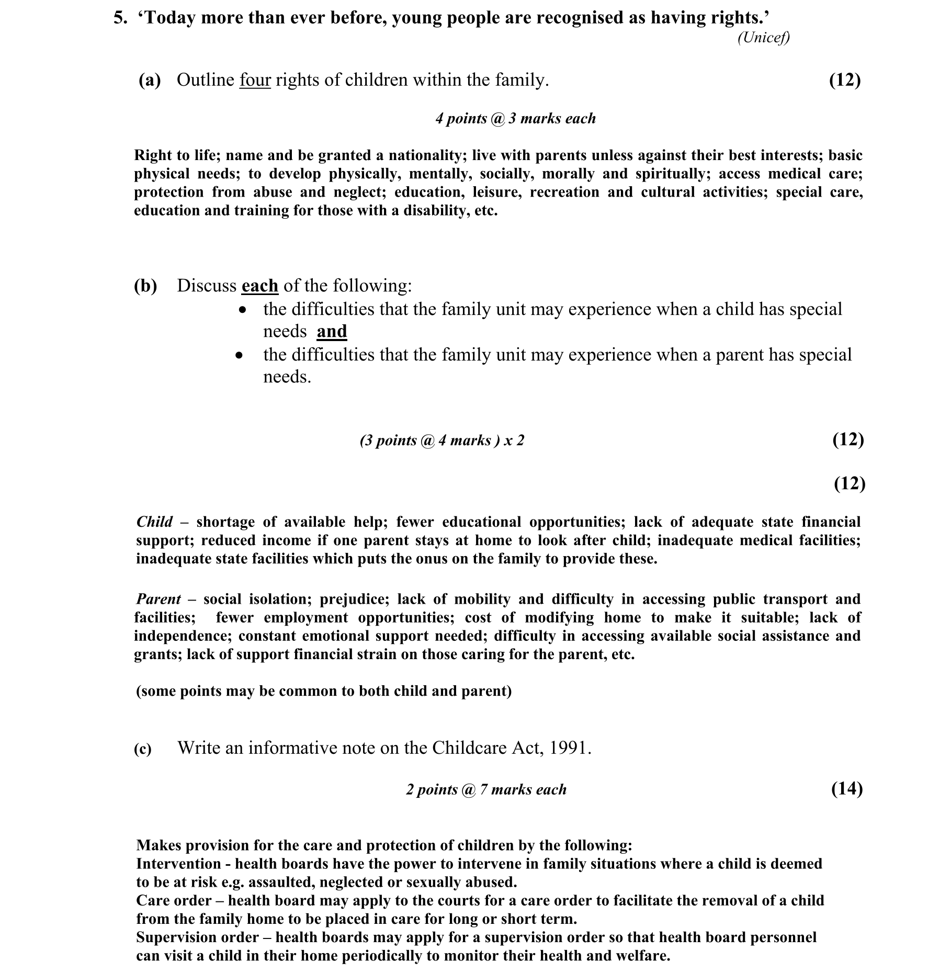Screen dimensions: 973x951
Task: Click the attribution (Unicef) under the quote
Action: [763, 38]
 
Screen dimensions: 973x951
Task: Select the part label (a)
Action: [150, 80]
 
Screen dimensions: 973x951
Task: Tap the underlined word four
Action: [255, 80]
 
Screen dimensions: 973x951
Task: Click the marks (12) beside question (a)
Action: [844, 80]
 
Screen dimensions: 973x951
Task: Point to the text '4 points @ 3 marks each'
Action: [515, 119]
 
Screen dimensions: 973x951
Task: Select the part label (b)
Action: [145, 286]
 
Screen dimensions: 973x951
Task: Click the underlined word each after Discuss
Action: [259, 286]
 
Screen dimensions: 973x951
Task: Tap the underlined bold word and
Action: [332, 332]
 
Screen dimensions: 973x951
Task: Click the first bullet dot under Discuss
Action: [241, 311]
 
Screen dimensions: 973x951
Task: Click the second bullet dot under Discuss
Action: [239, 356]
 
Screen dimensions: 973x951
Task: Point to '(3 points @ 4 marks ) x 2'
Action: [441, 440]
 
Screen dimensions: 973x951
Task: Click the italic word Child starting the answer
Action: [154, 522]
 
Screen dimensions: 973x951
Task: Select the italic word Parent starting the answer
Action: [158, 599]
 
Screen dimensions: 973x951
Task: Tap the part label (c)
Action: [143, 749]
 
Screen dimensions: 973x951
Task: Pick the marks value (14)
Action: [846, 788]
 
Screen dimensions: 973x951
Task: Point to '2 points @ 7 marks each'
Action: [486, 789]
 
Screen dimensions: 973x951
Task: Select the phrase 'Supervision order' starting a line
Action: [197, 937]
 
